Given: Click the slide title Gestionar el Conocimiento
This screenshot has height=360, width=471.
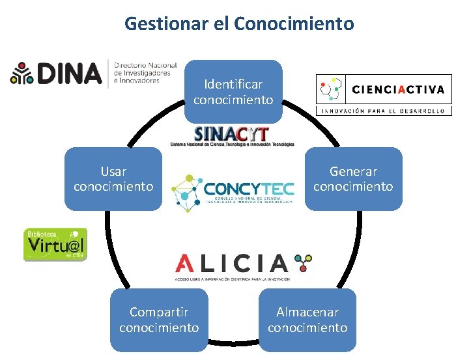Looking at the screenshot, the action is [x=239, y=24].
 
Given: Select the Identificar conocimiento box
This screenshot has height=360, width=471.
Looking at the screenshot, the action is [x=233, y=92].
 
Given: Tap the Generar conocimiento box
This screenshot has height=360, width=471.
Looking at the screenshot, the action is [x=353, y=179].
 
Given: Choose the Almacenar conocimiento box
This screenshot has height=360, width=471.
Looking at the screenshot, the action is [x=307, y=320].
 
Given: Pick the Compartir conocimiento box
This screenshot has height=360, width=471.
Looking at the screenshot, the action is [x=159, y=320].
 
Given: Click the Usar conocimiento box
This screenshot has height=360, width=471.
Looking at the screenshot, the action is [x=113, y=179].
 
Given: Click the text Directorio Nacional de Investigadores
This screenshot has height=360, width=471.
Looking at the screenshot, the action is [x=145, y=73].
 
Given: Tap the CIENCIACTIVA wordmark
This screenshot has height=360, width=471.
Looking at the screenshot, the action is [x=399, y=89].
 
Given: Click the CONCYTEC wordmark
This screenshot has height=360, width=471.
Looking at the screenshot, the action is [x=248, y=188].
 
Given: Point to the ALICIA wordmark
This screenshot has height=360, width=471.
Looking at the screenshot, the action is [x=231, y=264].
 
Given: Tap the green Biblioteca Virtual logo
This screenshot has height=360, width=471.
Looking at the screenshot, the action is [x=55, y=244].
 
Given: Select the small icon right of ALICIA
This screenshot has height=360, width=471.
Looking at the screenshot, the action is [x=303, y=262].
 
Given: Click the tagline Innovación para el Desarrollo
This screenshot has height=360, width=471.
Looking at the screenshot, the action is [x=384, y=111].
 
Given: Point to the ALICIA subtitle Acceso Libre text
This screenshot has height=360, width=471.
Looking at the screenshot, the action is [x=231, y=278].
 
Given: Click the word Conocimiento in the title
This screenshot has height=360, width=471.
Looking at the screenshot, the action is [x=294, y=24].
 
